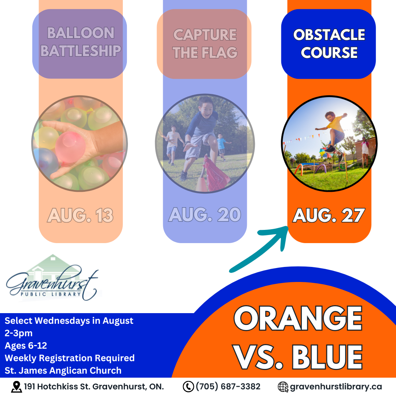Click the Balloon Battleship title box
80,44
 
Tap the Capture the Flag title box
204,44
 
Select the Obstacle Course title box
328,44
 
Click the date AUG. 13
80,216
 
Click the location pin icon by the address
16,387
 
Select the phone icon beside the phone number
188,387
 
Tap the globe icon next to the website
283,387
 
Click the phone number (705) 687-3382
228,386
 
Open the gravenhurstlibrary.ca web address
336,387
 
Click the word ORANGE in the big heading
298,318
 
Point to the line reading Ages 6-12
26,345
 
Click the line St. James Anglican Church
63,370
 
